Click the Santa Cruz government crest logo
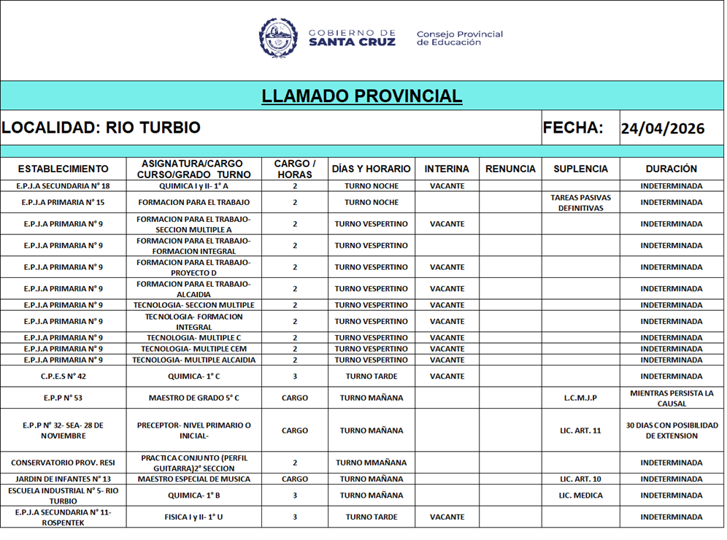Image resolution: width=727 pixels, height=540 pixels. pyautogui.click(x=278, y=38)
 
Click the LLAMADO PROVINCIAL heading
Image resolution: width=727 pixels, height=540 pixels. pyautogui.click(x=362, y=96)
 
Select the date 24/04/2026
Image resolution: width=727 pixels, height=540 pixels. pyautogui.click(x=662, y=129)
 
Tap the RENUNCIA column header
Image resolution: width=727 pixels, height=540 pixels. pyautogui.click(x=510, y=169)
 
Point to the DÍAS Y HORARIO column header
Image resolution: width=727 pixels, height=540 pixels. pyautogui.click(x=372, y=169)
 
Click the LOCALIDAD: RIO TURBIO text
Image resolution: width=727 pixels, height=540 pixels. pyautogui.click(x=101, y=128)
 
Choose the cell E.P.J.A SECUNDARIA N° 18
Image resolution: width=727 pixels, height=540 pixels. pyautogui.click(x=64, y=186)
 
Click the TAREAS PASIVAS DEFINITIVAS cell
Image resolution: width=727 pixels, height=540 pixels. pyautogui.click(x=580, y=203)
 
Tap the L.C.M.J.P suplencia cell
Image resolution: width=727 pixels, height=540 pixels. pyautogui.click(x=580, y=398)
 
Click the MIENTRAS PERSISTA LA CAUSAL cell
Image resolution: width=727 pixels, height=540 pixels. pyautogui.click(x=672, y=398)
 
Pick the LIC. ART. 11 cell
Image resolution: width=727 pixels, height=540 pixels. pyautogui.click(x=580, y=431)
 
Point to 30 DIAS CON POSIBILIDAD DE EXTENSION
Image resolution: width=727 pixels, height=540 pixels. pyautogui.click(x=672, y=431)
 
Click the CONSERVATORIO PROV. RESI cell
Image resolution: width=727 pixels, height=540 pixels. pyautogui.click(x=64, y=463)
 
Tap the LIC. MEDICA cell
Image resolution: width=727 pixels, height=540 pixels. pyautogui.click(x=580, y=495)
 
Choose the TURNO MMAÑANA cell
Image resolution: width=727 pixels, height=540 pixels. pyautogui.click(x=372, y=463)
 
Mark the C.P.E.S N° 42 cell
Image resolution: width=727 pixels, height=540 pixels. pyautogui.click(x=64, y=377)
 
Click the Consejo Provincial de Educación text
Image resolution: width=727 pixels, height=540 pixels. pyautogui.click(x=459, y=38)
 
